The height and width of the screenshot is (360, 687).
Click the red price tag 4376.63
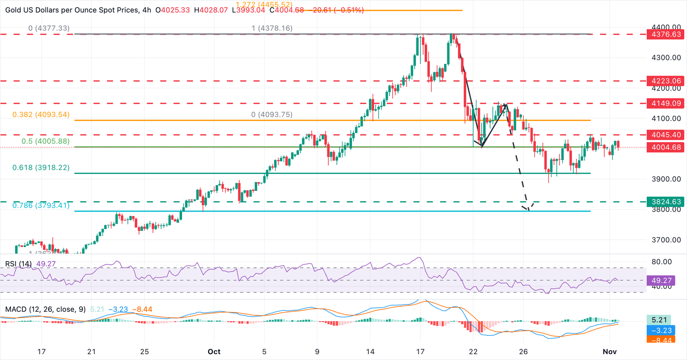point(665,34)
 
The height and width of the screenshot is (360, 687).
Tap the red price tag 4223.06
point(665,81)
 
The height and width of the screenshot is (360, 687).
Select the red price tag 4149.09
point(665,103)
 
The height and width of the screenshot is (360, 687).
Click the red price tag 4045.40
point(665,135)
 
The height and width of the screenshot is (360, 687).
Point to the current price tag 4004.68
point(665,147)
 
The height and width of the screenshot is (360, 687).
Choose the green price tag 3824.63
point(665,202)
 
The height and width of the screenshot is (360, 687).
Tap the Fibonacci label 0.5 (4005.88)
point(45,141)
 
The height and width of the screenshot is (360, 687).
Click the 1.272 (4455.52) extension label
point(267,5)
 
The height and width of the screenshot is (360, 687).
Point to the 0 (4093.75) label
point(271,114)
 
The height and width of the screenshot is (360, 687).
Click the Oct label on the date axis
point(214,352)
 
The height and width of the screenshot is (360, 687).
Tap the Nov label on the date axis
point(609,352)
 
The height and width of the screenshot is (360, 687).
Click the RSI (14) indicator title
point(18,264)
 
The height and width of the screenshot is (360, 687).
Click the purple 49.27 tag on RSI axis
point(665,281)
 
